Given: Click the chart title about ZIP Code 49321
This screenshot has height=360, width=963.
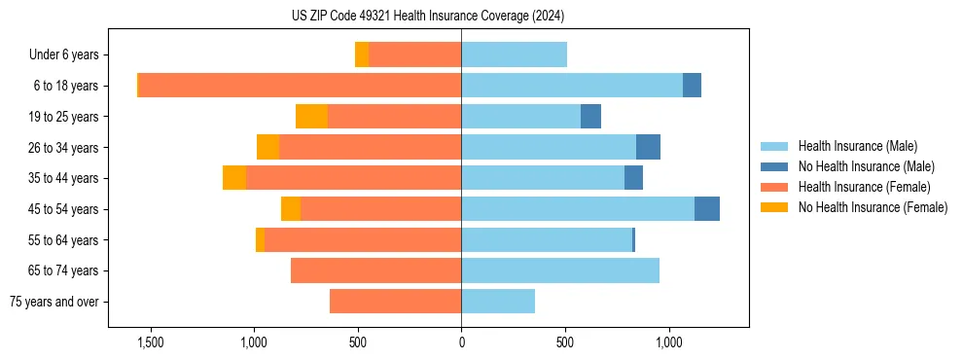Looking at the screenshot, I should (x=427, y=17).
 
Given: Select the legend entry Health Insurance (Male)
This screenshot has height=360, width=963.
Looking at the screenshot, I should (x=857, y=146).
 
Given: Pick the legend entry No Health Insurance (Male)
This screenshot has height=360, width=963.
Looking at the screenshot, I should (x=866, y=166).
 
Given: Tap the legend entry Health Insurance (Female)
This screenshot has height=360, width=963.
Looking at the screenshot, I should (x=864, y=187).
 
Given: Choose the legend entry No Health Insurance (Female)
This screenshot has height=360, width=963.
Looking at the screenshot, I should (x=873, y=207).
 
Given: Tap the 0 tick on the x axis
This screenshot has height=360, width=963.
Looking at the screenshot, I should (x=461, y=342).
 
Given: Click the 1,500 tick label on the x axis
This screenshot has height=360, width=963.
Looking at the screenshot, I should (x=150, y=342).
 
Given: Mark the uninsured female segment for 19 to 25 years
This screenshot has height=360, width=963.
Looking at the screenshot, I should (x=311, y=117).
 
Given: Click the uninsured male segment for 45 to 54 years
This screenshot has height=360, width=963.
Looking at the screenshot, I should (x=707, y=209).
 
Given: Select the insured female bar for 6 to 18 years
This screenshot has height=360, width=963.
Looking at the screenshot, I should (x=300, y=86).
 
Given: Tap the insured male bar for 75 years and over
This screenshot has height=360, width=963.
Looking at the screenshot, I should (x=498, y=302).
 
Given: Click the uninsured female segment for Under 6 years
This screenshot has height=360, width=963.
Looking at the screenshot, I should (x=362, y=54).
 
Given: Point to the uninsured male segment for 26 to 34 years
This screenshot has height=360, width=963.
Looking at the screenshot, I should (x=648, y=147).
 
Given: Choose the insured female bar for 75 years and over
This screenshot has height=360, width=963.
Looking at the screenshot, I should (x=395, y=302).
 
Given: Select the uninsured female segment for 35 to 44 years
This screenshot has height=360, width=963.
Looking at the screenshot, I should (x=234, y=178).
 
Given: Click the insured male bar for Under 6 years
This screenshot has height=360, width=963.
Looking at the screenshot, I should (x=514, y=54).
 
